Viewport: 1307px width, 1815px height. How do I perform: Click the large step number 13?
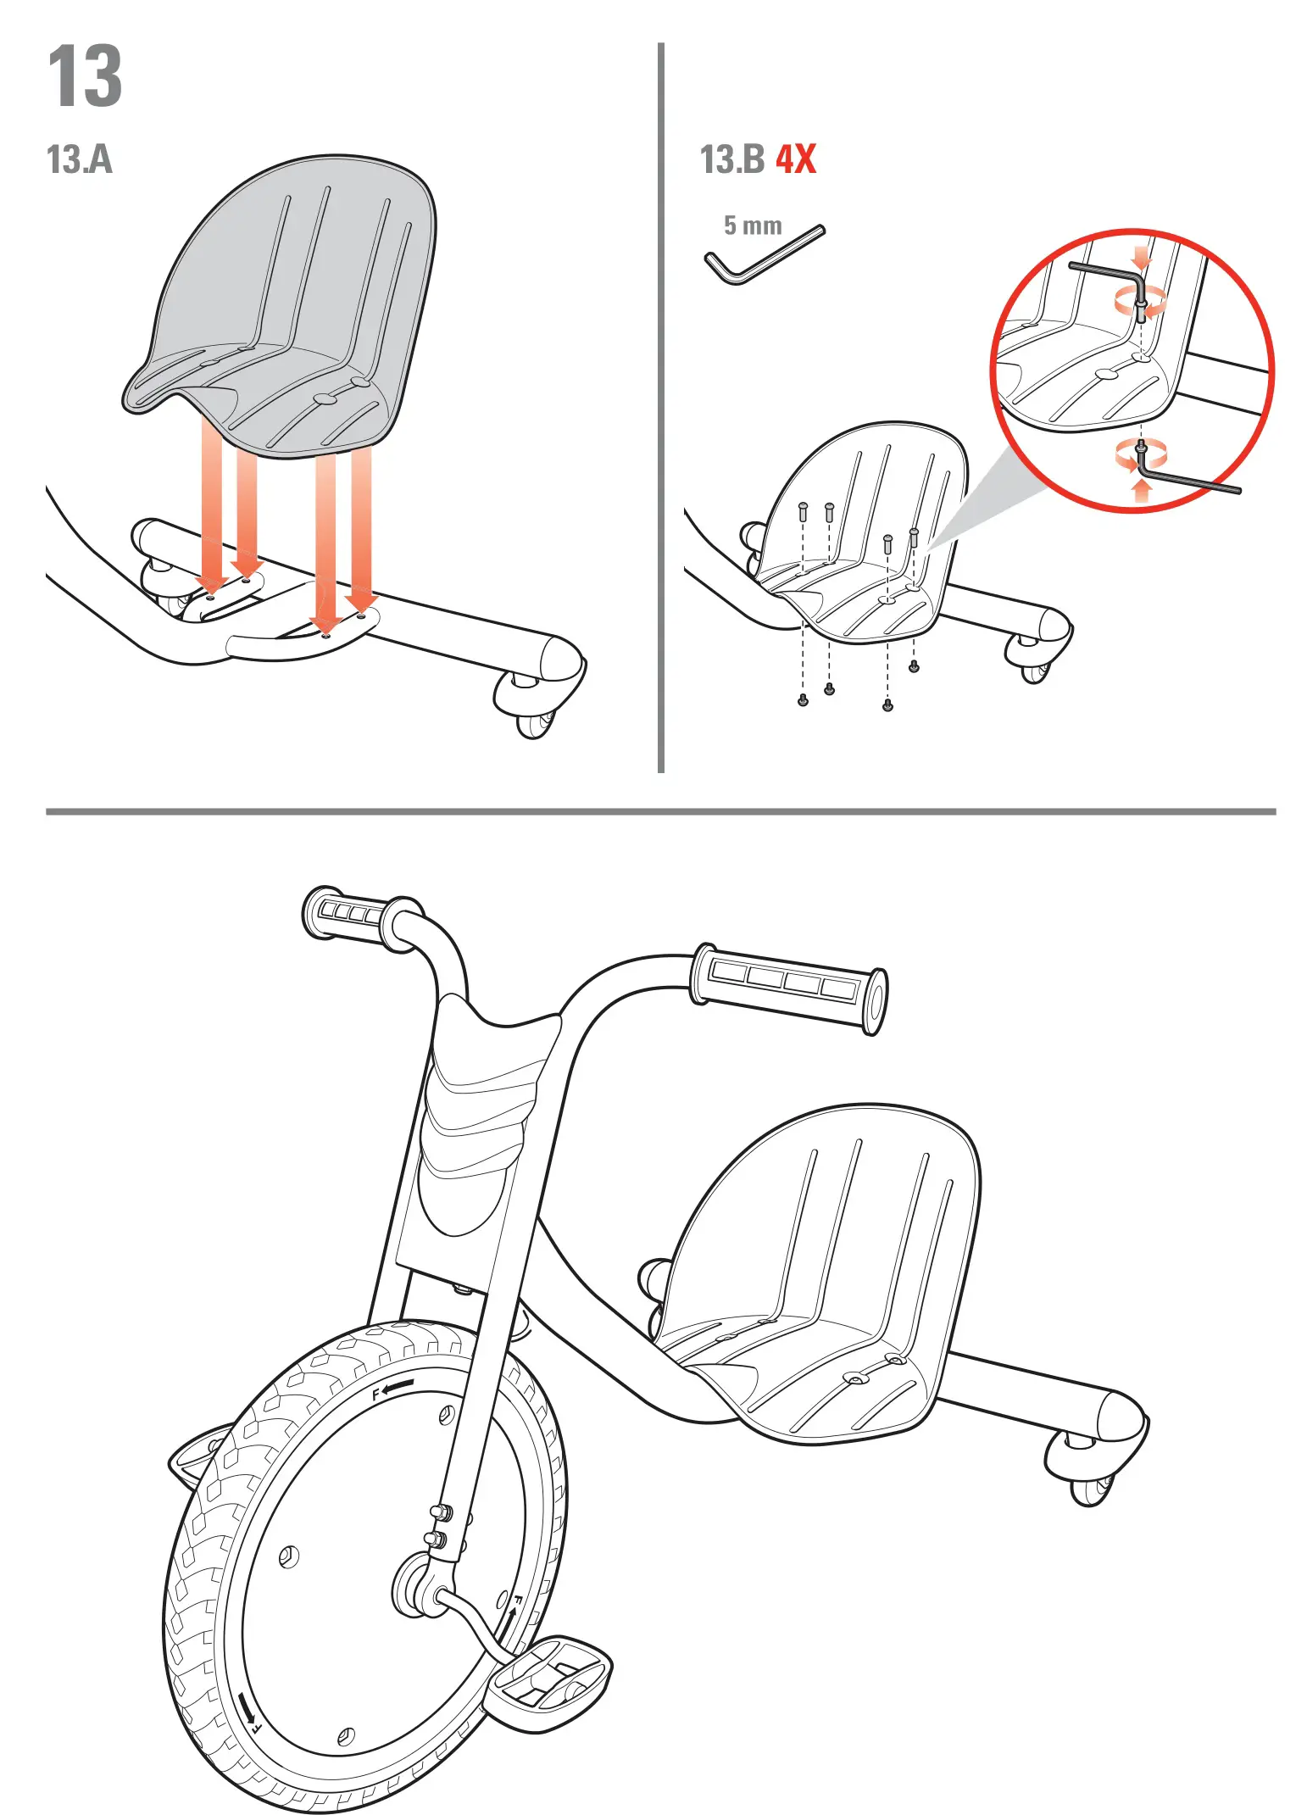click(85, 77)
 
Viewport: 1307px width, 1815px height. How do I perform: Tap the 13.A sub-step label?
click(79, 159)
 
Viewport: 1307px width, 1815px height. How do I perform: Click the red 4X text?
click(795, 159)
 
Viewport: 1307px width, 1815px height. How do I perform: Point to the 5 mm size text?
click(753, 225)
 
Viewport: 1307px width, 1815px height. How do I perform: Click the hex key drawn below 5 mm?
click(763, 257)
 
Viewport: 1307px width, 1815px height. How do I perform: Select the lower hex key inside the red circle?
click(1187, 480)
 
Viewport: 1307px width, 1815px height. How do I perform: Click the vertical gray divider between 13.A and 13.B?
click(660, 407)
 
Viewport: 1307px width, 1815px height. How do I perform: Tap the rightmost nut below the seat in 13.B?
click(913, 667)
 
